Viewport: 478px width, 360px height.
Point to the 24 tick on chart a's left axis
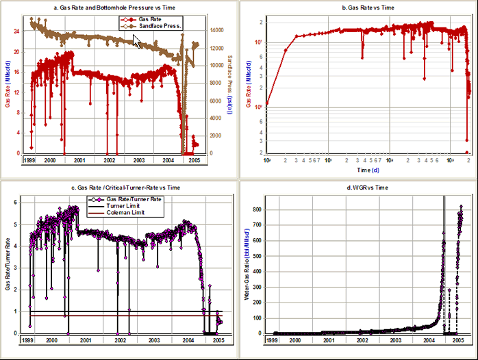pyautogui.click(x=16, y=31)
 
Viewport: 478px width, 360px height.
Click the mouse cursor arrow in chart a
pyautogui.click(x=137, y=42)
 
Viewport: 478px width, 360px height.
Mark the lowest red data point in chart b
pyautogui.click(x=466, y=152)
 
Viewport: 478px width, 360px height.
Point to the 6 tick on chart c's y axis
pyautogui.click(x=16, y=203)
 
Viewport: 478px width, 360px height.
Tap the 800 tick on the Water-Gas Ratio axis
pyautogui.click(x=260, y=209)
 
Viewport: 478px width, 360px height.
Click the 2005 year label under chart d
pyautogui.click(x=459, y=339)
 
